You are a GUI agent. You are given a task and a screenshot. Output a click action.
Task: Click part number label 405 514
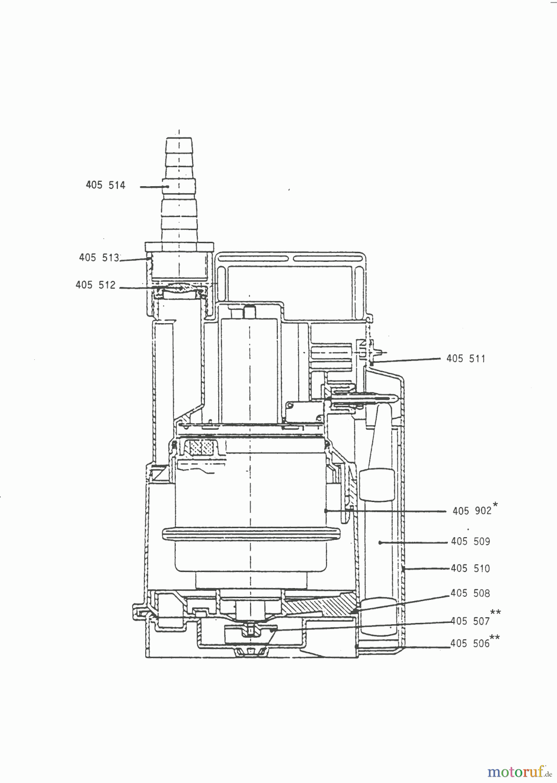click(x=106, y=185)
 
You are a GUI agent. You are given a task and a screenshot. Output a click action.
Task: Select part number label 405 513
click(x=99, y=258)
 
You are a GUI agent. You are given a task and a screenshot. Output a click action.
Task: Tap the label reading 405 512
click(x=96, y=285)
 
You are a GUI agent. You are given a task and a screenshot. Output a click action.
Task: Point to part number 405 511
click(x=466, y=358)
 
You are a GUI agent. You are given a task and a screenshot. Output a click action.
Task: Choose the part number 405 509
click(x=470, y=542)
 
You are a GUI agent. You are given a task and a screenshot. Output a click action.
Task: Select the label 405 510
click(x=470, y=568)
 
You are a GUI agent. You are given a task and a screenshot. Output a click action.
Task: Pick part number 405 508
click(x=470, y=593)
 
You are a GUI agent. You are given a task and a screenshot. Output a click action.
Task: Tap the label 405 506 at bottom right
click(x=470, y=643)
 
